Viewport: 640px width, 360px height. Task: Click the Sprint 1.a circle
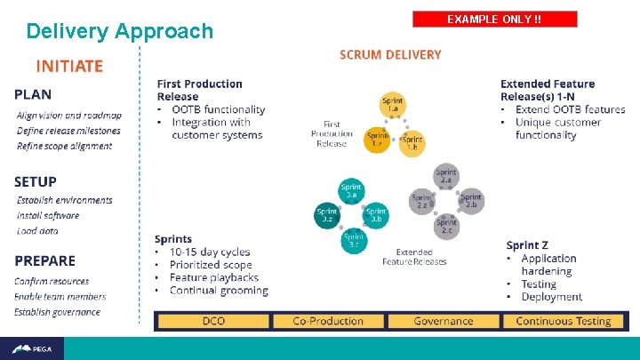(x=391, y=104)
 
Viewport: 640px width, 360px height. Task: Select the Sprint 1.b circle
(x=412, y=142)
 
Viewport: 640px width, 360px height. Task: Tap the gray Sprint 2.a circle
(x=446, y=176)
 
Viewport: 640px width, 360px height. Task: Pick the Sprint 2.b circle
(x=471, y=201)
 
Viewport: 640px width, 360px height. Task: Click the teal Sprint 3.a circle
(x=352, y=191)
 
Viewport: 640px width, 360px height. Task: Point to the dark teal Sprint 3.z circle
(x=328, y=214)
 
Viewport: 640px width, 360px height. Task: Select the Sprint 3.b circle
(x=376, y=214)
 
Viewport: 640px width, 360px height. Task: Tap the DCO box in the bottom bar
(x=213, y=321)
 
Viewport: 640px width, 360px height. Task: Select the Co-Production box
(x=329, y=321)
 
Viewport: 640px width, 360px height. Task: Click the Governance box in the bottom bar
(x=443, y=321)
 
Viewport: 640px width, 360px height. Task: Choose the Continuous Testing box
(x=564, y=321)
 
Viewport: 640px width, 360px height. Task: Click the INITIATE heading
(x=69, y=66)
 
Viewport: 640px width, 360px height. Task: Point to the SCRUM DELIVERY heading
(x=390, y=55)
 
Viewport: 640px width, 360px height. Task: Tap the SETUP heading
(x=36, y=181)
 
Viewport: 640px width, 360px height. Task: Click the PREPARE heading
(x=44, y=260)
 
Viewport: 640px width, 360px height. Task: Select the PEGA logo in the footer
(x=32, y=348)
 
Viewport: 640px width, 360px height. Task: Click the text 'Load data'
(x=37, y=231)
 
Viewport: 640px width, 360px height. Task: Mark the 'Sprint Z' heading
(x=528, y=244)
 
